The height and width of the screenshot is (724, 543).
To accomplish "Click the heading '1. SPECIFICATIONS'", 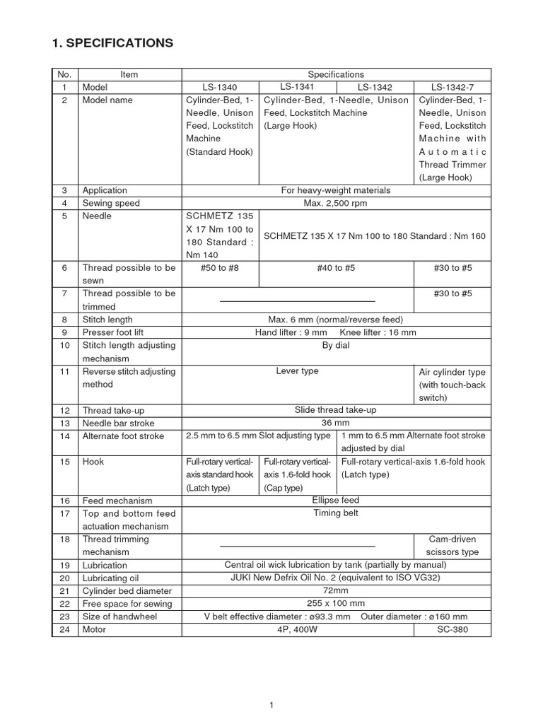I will click(113, 43).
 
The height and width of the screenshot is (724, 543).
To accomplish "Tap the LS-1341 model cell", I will click(298, 86).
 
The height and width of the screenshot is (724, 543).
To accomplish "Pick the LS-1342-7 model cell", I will click(451, 87).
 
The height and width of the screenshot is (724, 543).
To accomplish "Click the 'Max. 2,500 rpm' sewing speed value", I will click(336, 203).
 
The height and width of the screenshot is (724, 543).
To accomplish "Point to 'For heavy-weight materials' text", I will click(336, 190).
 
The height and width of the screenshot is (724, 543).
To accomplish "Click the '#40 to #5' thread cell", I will click(336, 268).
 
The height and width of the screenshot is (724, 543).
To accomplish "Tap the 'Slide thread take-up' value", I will click(336, 409).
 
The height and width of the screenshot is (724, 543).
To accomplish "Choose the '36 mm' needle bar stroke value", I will click(336, 422).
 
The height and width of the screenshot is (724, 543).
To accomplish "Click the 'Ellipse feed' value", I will click(336, 500).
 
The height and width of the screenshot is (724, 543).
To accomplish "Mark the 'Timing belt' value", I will click(336, 513).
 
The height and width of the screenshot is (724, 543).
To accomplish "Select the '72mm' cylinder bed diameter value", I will click(336, 590).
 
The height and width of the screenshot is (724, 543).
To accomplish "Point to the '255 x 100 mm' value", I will click(336, 603).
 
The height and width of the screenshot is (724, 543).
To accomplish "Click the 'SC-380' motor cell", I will click(451, 629).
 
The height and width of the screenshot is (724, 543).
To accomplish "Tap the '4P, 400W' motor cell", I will click(297, 629).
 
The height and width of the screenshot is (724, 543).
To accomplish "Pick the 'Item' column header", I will click(129, 74).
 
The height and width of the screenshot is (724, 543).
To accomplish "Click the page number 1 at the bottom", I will click(271, 704).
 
